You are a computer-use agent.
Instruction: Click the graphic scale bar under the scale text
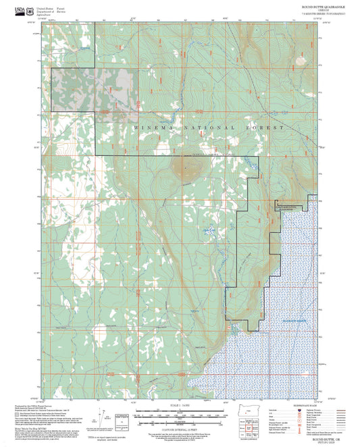180,413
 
